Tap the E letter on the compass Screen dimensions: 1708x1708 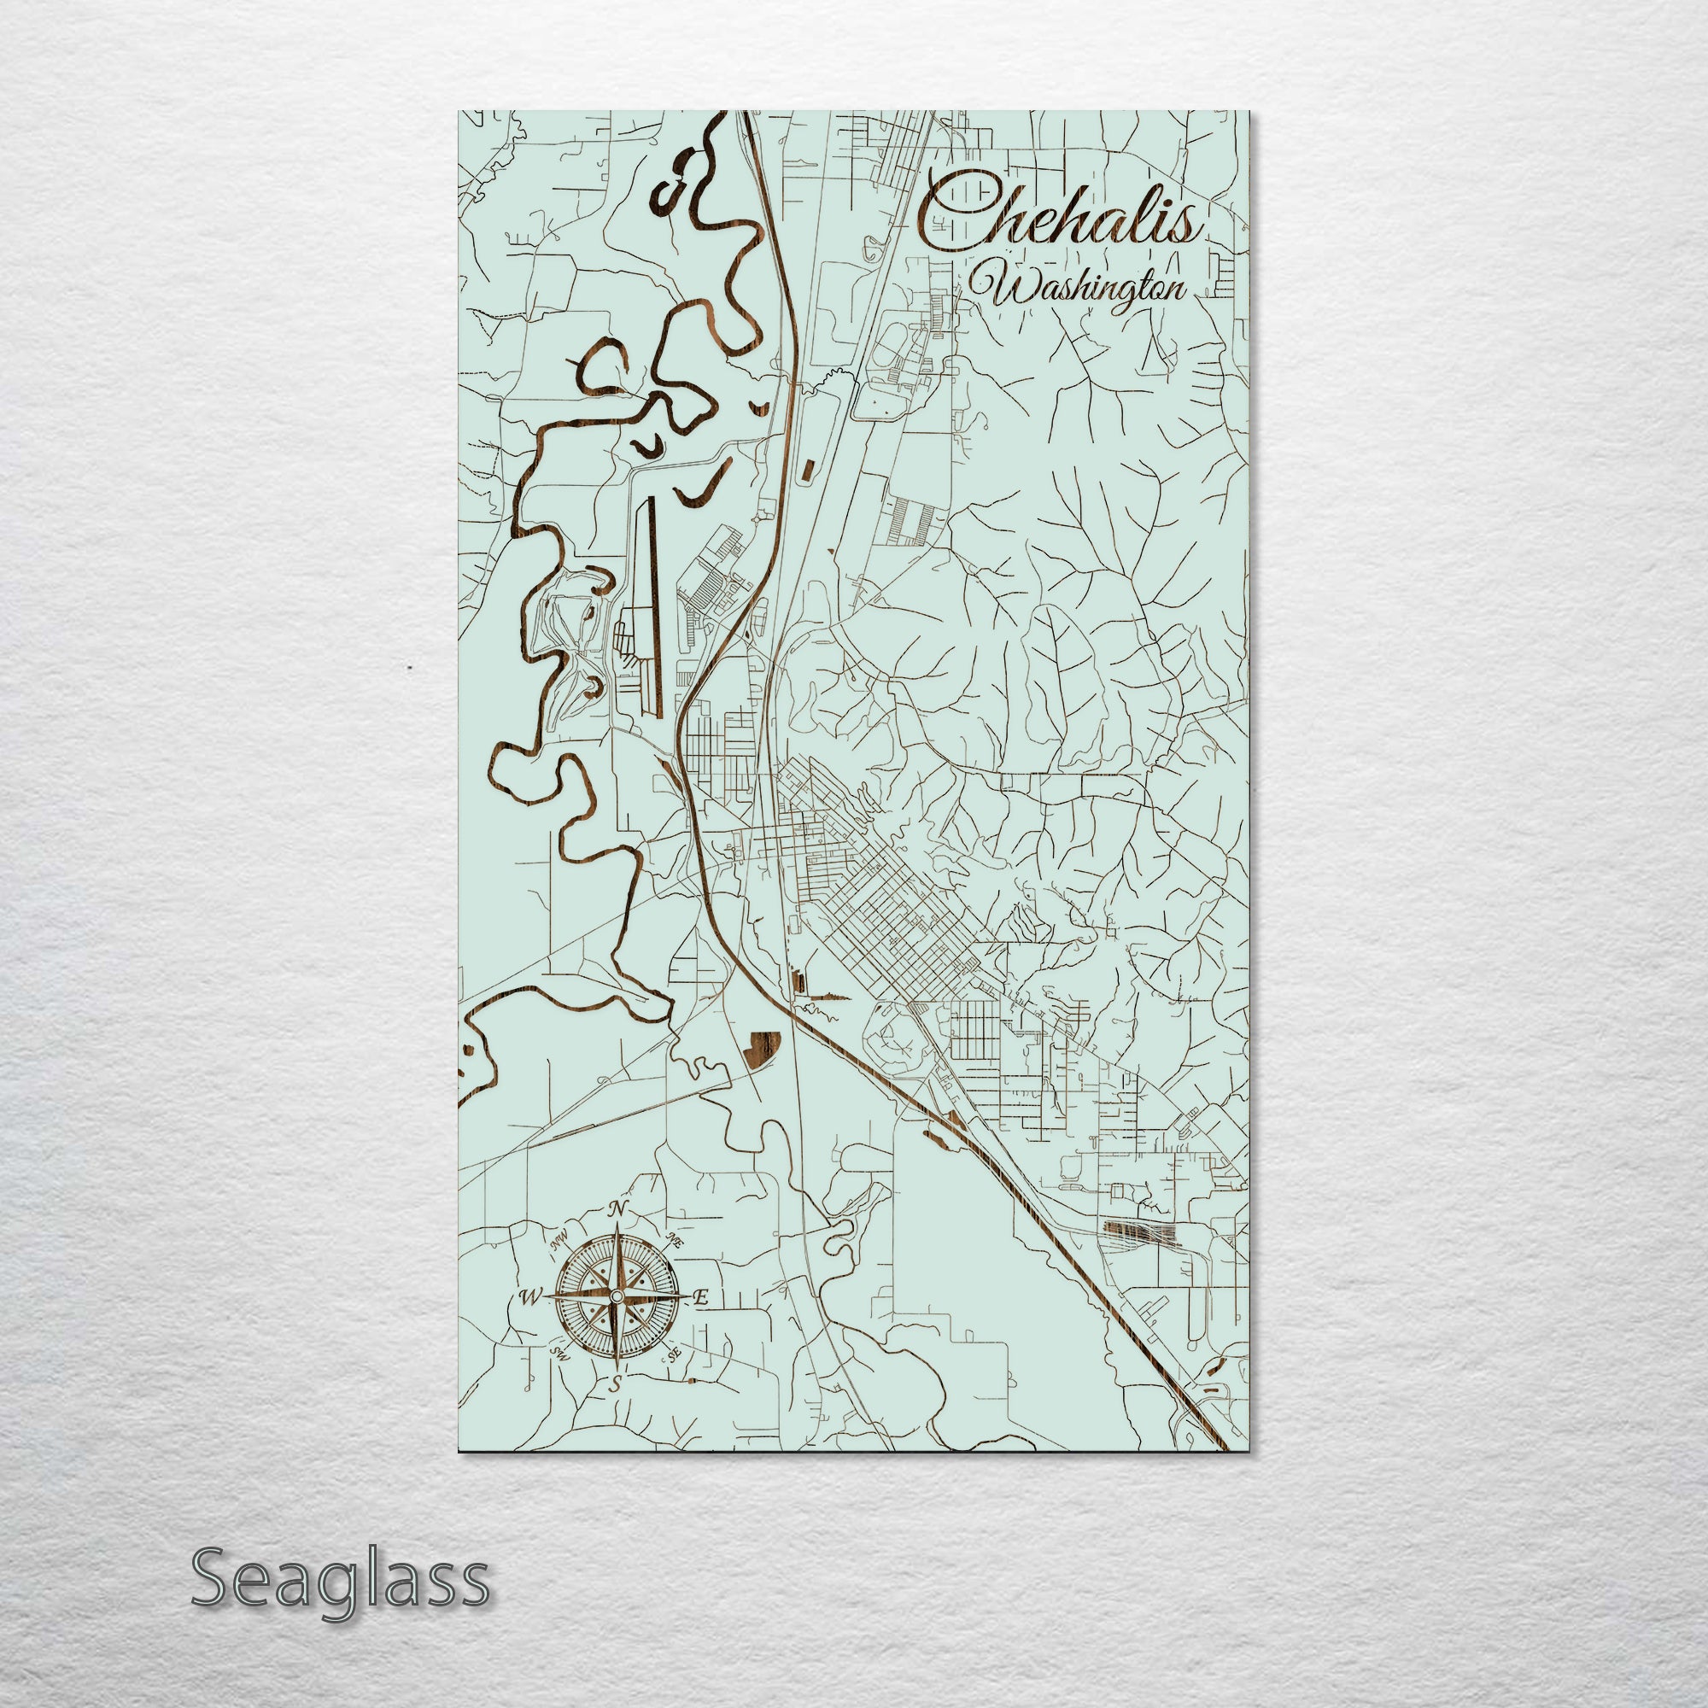[701, 1298]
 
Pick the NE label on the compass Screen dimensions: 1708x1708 [676, 1239]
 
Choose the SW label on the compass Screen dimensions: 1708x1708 [559, 1354]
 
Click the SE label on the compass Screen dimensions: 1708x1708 [676, 1353]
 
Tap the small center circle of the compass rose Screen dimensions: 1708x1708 [617, 1297]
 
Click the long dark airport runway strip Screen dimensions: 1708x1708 [652, 605]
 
